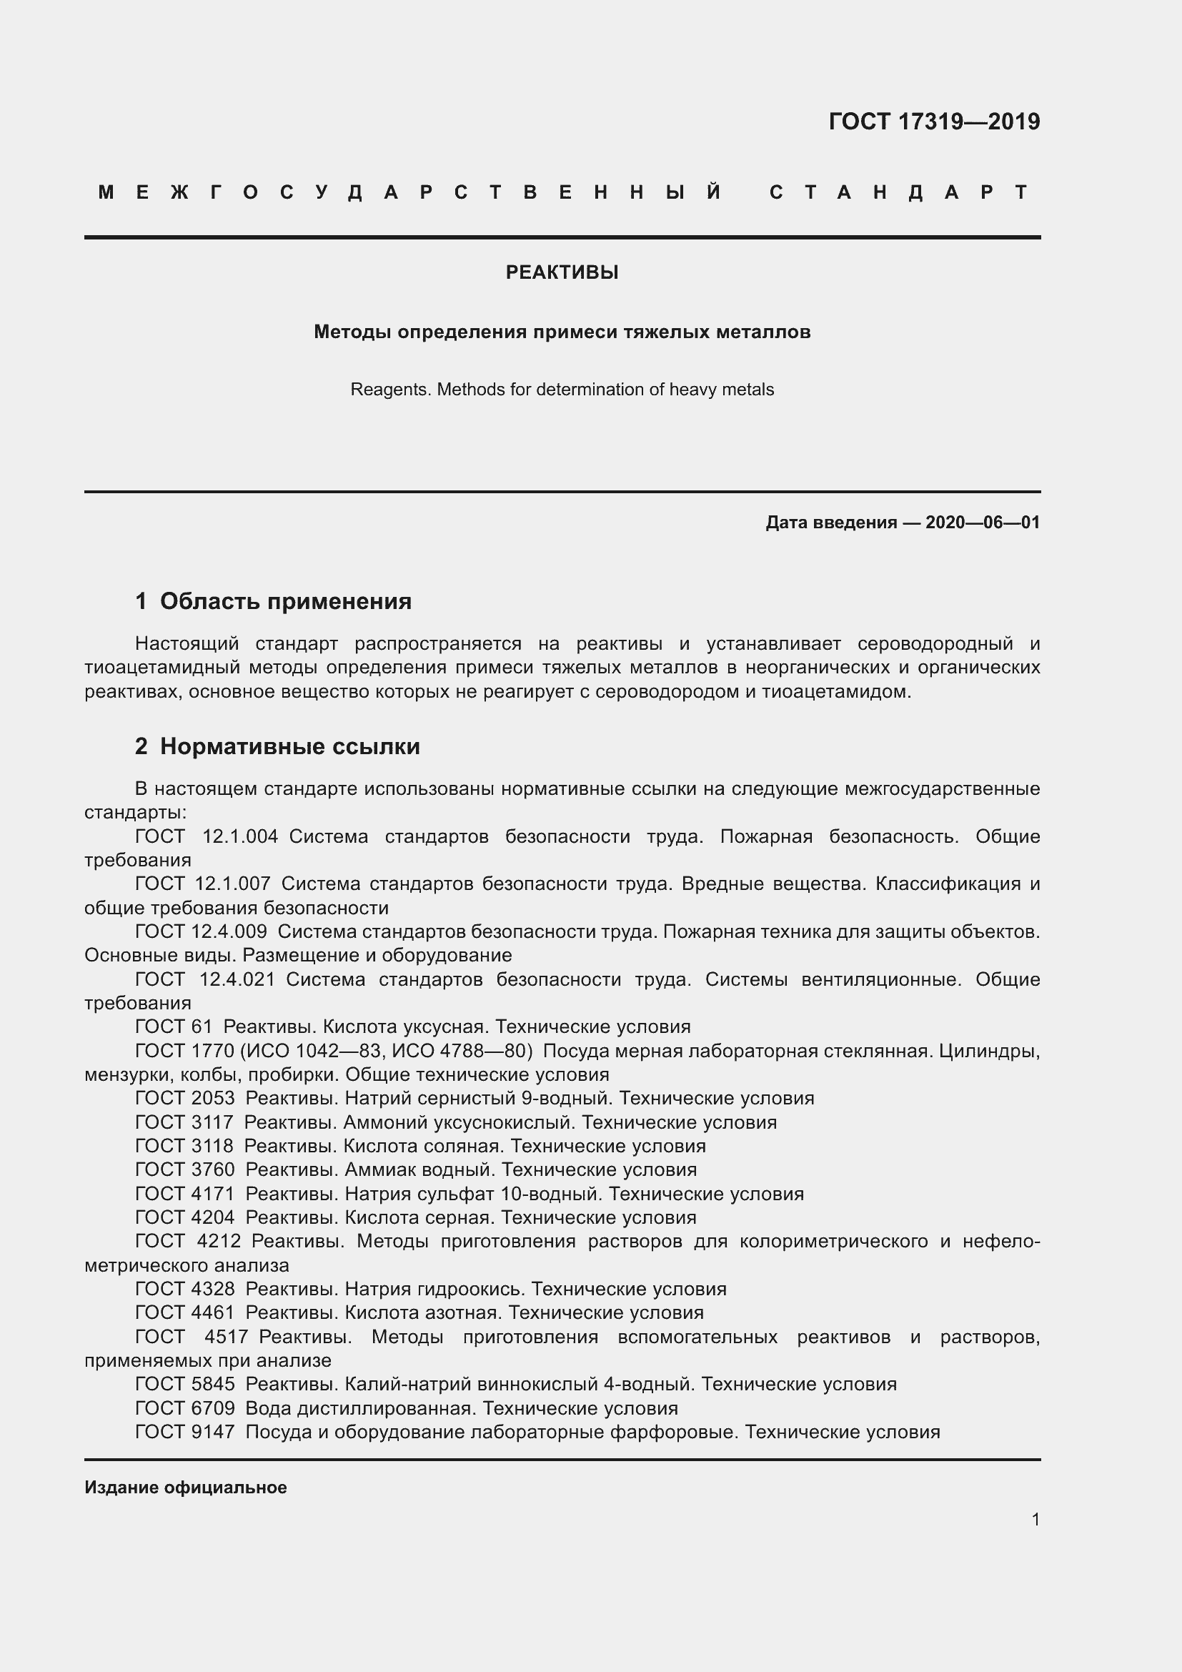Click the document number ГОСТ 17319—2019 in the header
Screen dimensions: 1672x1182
point(934,121)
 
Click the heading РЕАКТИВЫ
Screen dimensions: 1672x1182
point(562,272)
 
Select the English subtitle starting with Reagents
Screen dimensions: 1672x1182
point(562,390)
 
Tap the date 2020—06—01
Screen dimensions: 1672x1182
point(982,522)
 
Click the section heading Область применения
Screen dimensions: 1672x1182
point(285,600)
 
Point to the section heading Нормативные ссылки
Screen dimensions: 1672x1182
point(289,746)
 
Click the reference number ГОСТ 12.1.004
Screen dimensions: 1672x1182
point(207,836)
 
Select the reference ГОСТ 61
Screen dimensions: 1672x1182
point(173,1027)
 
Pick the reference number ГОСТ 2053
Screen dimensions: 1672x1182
point(185,1098)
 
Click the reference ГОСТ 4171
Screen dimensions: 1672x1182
point(185,1194)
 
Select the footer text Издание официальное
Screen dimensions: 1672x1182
point(186,1487)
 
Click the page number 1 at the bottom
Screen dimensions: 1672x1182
point(1035,1519)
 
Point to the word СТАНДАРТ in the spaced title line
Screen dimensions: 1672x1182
point(898,192)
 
